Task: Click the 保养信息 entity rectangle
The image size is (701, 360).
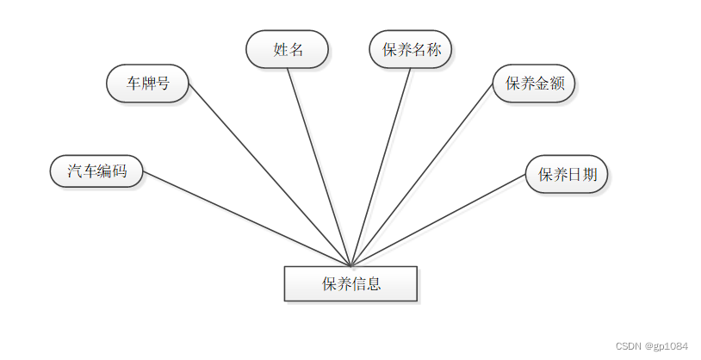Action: (x=350, y=283)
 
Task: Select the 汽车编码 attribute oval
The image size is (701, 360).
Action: (x=96, y=171)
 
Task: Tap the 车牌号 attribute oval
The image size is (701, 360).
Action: (x=147, y=84)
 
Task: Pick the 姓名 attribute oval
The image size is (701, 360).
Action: (x=288, y=49)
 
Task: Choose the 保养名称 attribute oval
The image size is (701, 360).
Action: (x=411, y=49)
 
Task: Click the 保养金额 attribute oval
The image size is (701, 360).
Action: (x=534, y=84)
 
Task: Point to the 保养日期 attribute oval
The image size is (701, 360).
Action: (x=567, y=175)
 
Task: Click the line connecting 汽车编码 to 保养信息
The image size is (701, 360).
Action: (x=245, y=218)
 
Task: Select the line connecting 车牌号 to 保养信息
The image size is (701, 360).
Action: (x=269, y=173)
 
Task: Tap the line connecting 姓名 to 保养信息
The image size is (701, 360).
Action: (x=319, y=166)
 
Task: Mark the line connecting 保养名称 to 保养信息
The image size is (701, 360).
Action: (x=381, y=166)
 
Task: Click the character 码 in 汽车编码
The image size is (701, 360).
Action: (x=120, y=171)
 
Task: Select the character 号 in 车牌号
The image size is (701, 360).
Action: (x=162, y=84)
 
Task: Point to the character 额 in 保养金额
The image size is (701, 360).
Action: (x=556, y=84)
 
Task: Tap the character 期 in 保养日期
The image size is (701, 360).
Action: (x=589, y=175)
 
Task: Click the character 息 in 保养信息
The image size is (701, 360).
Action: (x=373, y=283)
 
